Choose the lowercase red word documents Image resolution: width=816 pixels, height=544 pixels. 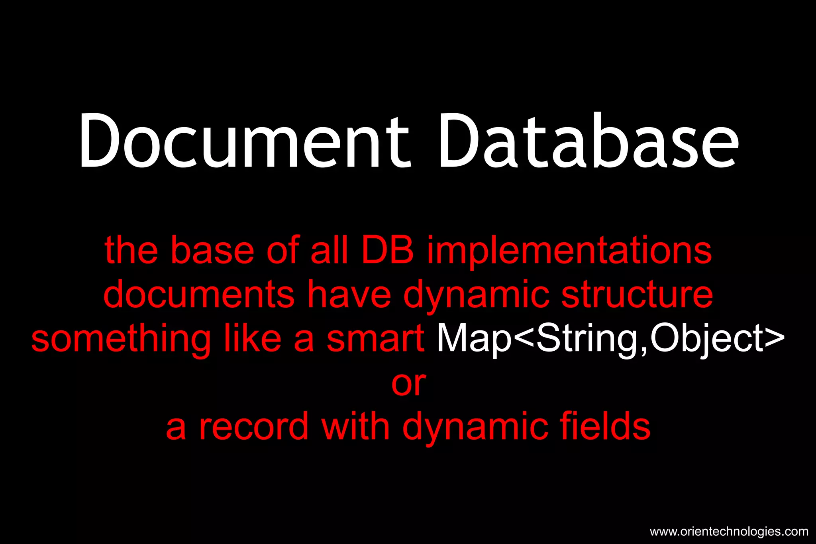[199, 295]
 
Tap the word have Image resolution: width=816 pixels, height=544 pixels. [349, 295]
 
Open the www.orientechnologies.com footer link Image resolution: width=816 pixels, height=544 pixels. [729, 532]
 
